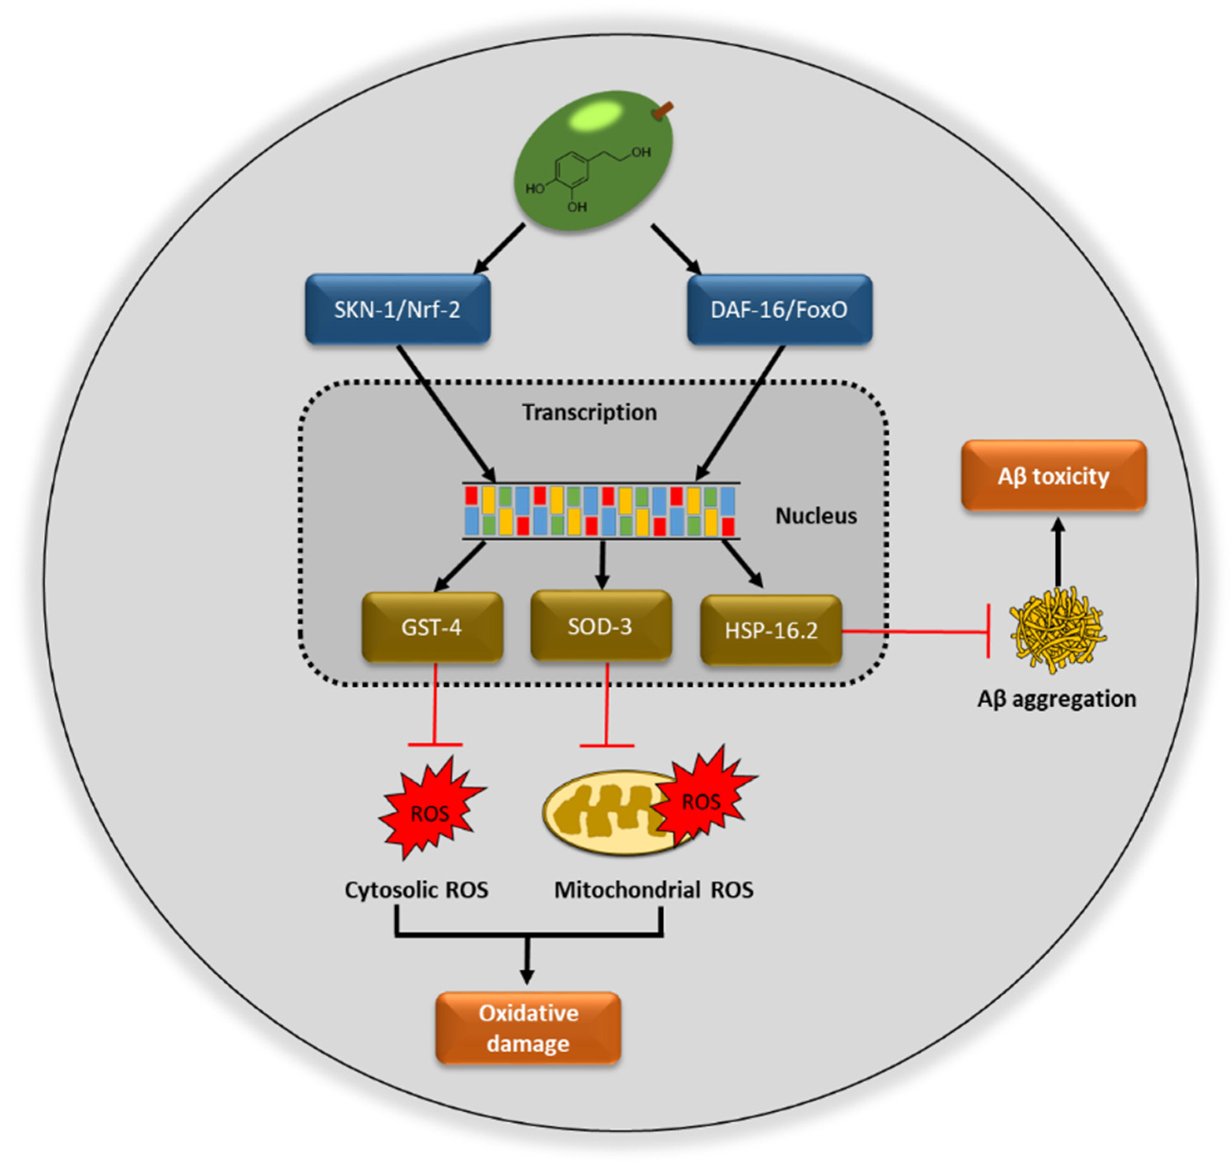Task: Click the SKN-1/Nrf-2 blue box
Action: [397, 309]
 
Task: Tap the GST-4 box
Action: [432, 626]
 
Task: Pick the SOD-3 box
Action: [600, 625]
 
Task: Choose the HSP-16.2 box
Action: [770, 630]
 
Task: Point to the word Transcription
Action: [589, 411]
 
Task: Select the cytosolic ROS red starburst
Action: [430, 808]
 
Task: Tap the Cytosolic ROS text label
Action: [416, 889]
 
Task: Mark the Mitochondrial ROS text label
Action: [653, 889]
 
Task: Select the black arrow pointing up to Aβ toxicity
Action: [1058, 553]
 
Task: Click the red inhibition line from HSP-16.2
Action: [913, 631]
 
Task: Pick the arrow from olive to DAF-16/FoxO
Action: [676, 249]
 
